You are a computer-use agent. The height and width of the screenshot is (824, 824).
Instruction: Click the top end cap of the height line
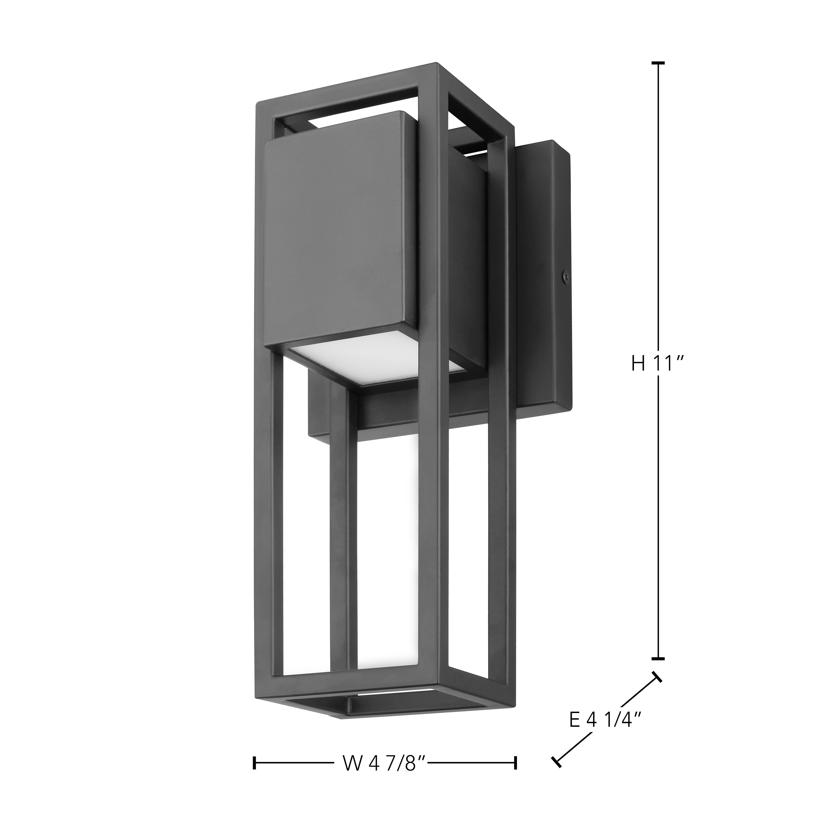tap(658, 63)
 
